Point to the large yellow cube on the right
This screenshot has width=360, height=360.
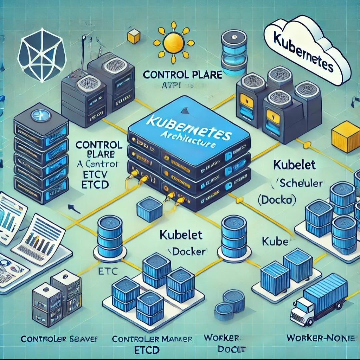click(x=346, y=136)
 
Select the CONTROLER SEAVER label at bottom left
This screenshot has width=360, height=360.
click(x=58, y=339)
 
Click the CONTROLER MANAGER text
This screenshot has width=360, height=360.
click(x=152, y=339)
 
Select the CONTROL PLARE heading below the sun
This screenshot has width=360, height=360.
click(x=182, y=75)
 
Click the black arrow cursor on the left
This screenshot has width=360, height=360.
click(x=74, y=209)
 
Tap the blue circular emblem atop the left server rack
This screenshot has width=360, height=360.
click(x=40, y=116)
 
